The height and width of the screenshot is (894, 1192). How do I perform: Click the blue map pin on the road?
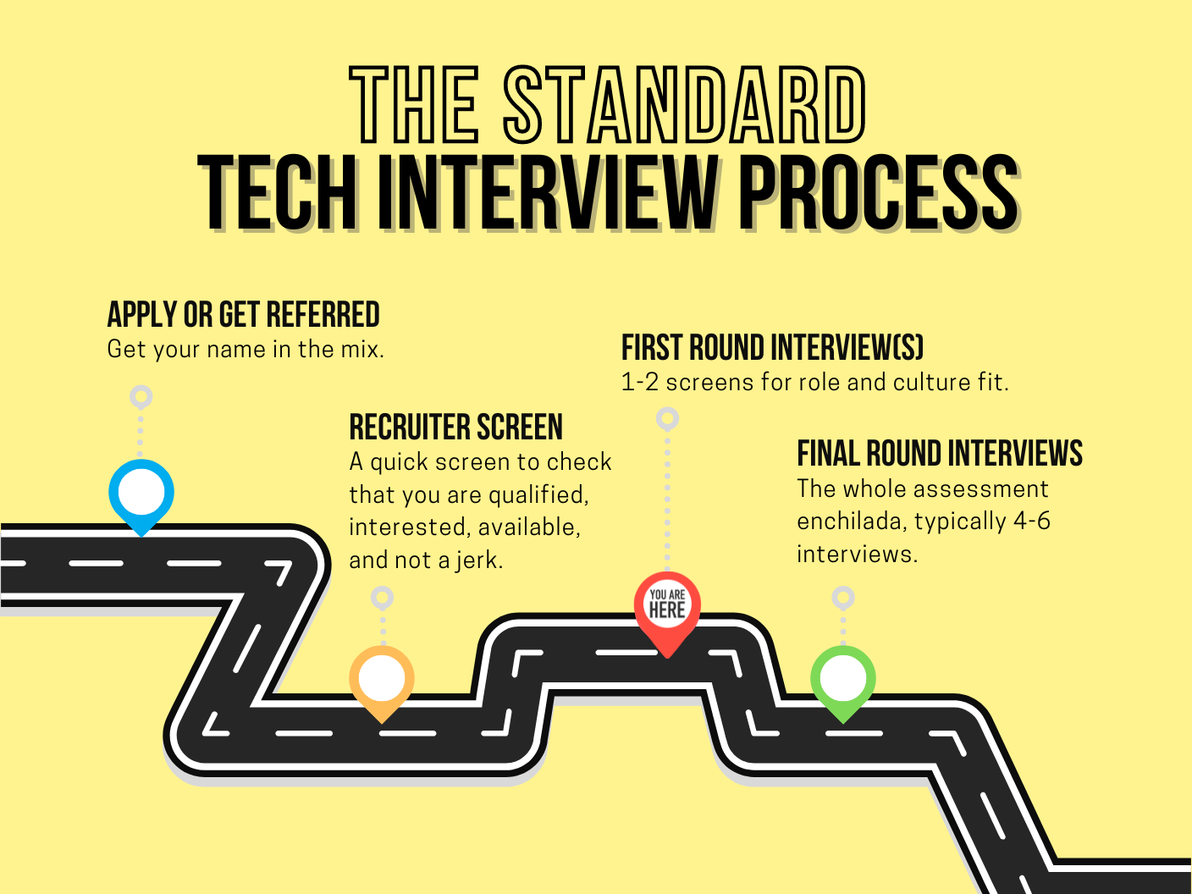pyautogui.click(x=141, y=494)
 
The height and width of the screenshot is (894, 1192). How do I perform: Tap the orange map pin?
pyautogui.click(x=382, y=680)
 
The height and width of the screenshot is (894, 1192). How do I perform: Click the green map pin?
pyautogui.click(x=843, y=679)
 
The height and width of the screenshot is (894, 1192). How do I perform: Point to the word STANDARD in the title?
pyautogui.click(x=686, y=105)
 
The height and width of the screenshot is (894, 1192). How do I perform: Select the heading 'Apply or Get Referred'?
pyautogui.click(x=243, y=315)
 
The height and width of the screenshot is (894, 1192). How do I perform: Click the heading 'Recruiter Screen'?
pyautogui.click(x=455, y=428)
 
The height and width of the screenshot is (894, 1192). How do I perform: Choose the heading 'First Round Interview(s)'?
pyautogui.click(x=772, y=348)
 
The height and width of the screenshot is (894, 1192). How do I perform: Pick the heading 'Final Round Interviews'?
pyautogui.click(x=940, y=454)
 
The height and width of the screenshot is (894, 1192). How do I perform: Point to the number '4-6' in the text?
pyautogui.click(x=1032, y=521)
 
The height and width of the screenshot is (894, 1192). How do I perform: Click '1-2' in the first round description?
pyautogui.click(x=639, y=383)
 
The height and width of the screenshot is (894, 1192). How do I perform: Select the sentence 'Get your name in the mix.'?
pyautogui.click(x=246, y=349)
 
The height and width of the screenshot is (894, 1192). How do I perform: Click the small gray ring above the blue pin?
pyautogui.click(x=141, y=396)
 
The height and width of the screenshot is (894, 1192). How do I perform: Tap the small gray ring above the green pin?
pyautogui.click(x=842, y=598)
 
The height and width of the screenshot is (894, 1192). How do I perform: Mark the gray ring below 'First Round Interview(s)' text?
pyautogui.click(x=667, y=418)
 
